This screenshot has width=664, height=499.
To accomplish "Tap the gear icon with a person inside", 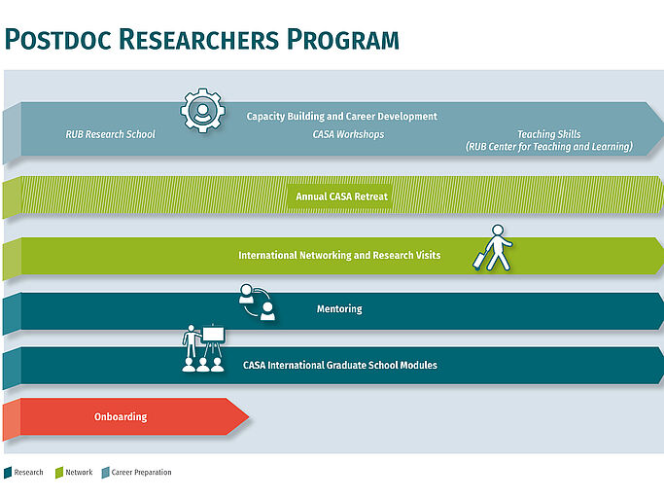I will [x=202, y=110].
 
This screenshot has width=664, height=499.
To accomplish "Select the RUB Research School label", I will [x=110, y=134].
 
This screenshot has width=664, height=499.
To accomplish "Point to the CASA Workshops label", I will [x=348, y=134].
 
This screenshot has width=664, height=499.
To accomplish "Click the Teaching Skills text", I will [x=548, y=134].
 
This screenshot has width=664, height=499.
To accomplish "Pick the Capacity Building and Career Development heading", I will [x=341, y=116].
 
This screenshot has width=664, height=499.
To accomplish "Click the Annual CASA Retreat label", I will [x=341, y=196].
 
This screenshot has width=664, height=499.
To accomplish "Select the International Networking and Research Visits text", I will [x=339, y=255].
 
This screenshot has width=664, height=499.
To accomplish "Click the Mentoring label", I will [x=339, y=309].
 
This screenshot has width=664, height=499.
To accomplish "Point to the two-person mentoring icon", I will [x=258, y=302].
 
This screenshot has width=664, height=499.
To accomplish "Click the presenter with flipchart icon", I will [x=203, y=348].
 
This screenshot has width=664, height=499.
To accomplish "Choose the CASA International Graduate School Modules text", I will [x=339, y=365].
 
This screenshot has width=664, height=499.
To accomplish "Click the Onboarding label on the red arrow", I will [x=121, y=416].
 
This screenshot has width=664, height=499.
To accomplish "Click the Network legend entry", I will [x=78, y=473].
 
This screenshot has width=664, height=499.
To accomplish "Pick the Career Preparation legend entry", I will [x=140, y=473].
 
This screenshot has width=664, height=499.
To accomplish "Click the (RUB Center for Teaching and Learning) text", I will [x=548, y=147].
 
